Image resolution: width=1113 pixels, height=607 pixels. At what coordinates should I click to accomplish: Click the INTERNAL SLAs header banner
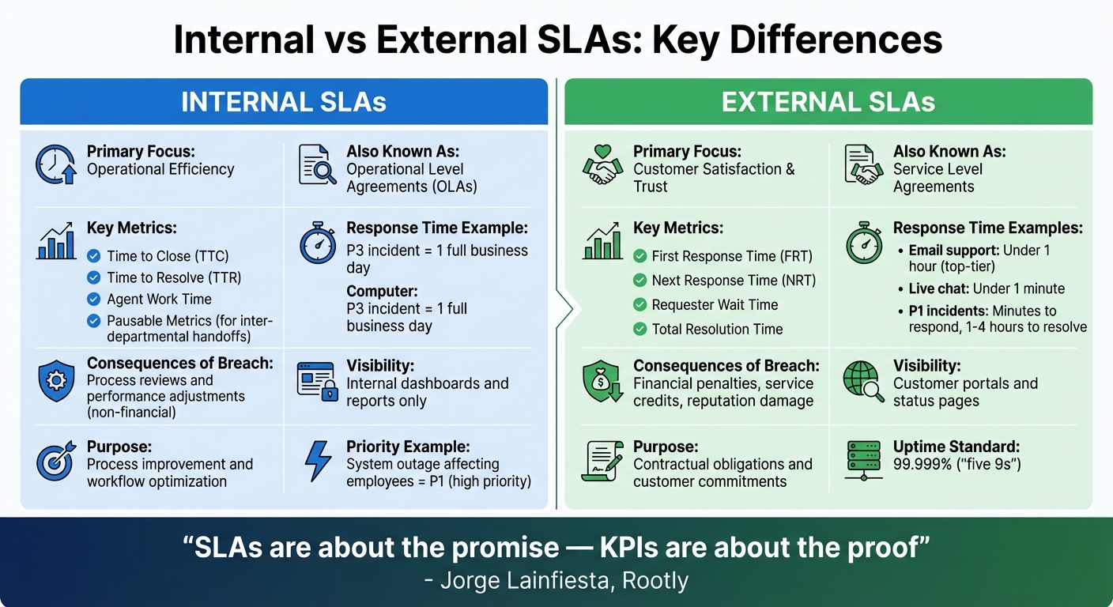[x=284, y=102]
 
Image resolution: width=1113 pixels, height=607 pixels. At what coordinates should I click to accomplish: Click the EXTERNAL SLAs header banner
[x=828, y=102]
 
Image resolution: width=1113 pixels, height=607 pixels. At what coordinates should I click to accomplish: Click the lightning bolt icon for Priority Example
[x=318, y=462]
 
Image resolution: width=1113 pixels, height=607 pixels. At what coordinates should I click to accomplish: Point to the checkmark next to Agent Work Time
[x=94, y=300]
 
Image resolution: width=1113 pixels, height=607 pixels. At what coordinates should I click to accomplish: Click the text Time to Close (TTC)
[x=168, y=256]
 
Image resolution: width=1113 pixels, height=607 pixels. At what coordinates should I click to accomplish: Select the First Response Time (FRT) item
[x=731, y=256]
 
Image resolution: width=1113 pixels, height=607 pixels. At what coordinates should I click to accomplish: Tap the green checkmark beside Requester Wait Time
[x=640, y=305]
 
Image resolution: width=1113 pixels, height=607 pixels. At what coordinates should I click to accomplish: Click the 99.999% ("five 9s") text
[x=956, y=464]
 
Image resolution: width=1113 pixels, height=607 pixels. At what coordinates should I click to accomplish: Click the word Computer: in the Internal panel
[x=382, y=292]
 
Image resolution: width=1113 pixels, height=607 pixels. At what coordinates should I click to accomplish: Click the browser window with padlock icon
[x=318, y=381]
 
